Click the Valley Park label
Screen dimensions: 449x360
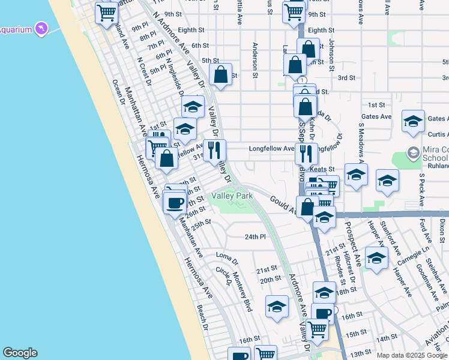(232, 196)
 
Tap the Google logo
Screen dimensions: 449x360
(20, 353)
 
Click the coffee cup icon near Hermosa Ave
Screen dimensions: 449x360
(175, 202)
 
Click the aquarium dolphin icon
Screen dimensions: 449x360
(41, 28)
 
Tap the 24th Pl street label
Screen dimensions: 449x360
(255, 236)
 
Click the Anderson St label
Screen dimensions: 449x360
(255, 60)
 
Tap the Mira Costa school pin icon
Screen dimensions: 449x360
(412, 153)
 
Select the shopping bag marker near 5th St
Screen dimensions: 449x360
(221, 75)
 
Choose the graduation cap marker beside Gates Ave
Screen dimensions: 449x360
(413, 121)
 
